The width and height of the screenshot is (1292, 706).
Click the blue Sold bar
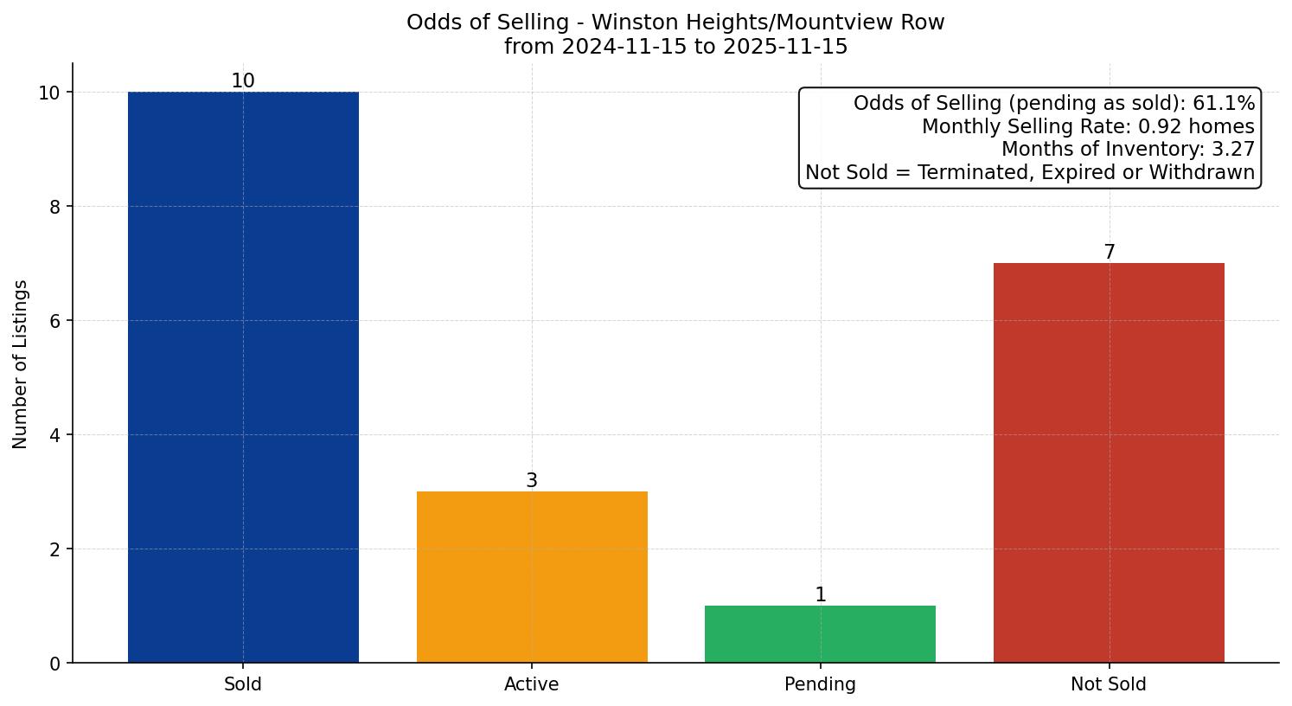[x=243, y=377]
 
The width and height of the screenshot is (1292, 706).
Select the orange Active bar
[x=532, y=577]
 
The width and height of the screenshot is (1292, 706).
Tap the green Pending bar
[x=820, y=634]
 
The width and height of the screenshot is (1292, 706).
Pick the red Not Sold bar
[x=1109, y=463]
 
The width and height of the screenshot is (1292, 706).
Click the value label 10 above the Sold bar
[x=243, y=81]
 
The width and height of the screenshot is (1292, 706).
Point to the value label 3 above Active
[x=532, y=481]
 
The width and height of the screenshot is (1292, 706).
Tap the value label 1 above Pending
[x=820, y=595]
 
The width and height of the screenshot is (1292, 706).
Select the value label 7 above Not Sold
[x=1109, y=253]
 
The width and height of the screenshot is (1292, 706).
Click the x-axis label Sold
[x=243, y=684]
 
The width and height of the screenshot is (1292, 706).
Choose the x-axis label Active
[x=532, y=684]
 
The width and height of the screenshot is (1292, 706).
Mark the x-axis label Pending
[x=820, y=684]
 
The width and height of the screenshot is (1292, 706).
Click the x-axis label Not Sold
[x=1109, y=684]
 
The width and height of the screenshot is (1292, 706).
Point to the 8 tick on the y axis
[x=54, y=207]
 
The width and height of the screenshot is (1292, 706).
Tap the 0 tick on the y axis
[x=54, y=664]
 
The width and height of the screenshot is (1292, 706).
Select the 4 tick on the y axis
[x=54, y=435]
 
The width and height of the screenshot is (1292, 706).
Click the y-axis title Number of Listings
[x=21, y=364]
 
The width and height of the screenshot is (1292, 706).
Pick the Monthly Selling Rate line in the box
[x=1087, y=126]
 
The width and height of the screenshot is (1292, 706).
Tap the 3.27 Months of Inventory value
[x=1232, y=150]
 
